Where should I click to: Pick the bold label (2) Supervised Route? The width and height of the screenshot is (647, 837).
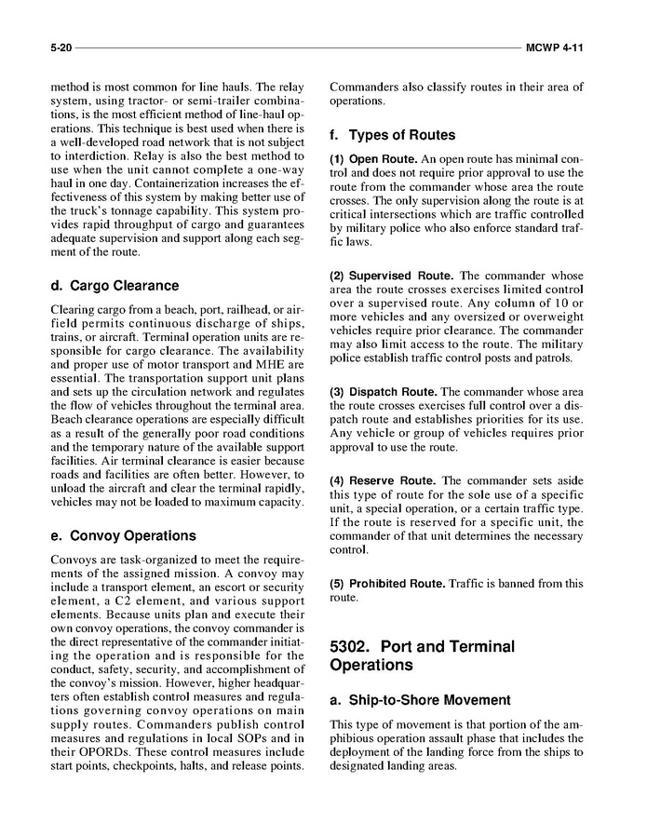point(392,277)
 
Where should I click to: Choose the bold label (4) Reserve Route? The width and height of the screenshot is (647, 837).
point(384,480)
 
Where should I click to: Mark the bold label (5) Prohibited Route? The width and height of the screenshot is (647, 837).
point(388,584)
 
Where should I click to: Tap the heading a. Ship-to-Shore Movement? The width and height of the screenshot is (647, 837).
point(420,699)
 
